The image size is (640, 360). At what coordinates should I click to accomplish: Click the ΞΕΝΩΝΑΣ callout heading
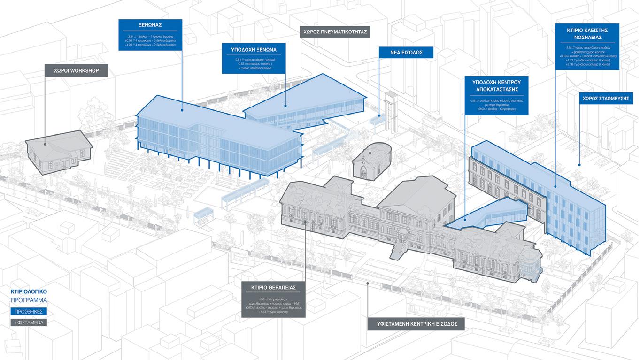150,25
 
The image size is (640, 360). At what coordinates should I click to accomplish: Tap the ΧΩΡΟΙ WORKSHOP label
77,71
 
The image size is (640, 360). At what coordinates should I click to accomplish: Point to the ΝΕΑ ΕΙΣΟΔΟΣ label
406,52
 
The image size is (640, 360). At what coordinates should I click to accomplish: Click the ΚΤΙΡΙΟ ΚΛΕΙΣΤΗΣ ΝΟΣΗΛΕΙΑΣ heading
587,34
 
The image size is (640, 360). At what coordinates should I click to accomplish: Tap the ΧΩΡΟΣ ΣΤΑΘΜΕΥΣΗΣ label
606,98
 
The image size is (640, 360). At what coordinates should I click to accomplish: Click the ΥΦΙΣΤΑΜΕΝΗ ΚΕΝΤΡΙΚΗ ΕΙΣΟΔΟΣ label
416,324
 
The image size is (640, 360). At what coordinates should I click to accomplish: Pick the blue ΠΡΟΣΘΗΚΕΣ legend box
29,312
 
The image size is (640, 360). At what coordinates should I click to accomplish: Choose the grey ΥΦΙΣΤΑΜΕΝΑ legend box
29,322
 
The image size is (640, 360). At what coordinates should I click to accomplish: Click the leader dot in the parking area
579,165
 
